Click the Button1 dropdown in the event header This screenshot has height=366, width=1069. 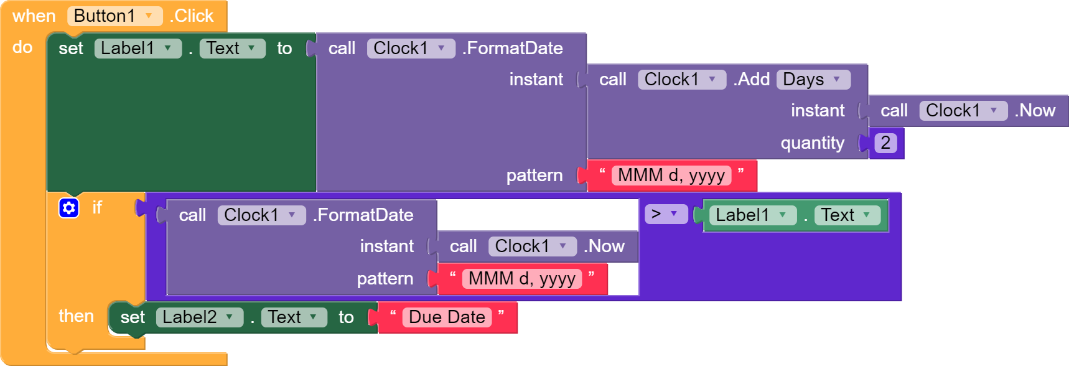click(x=114, y=16)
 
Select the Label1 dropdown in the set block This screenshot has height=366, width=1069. click(x=138, y=48)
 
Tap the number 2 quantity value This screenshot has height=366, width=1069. click(x=885, y=143)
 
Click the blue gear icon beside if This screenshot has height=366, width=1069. click(x=68, y=208)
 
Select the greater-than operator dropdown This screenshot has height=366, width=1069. click(x=666, y=214)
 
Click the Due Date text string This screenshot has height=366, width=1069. click(x=447, y=317)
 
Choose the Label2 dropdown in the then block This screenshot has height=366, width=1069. click(x=199, y=317)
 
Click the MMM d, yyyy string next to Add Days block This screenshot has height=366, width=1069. click(x=671, y=175)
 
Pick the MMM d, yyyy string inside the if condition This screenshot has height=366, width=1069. click(x=522, y=278)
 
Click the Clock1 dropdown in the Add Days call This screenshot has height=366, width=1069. click(x=682, y=79)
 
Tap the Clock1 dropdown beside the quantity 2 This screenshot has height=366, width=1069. click(x=963, y=110)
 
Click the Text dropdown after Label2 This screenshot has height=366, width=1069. click(x=294, y=317)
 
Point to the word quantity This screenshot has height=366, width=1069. click(x=812, y=143)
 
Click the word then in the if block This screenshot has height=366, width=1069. click(x=76, y=316)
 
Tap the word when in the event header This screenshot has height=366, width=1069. click(x=34, y=16)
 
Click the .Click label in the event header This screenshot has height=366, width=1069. click(x=192, y=16)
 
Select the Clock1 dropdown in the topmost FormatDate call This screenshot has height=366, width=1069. click(x=411, y=48)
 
